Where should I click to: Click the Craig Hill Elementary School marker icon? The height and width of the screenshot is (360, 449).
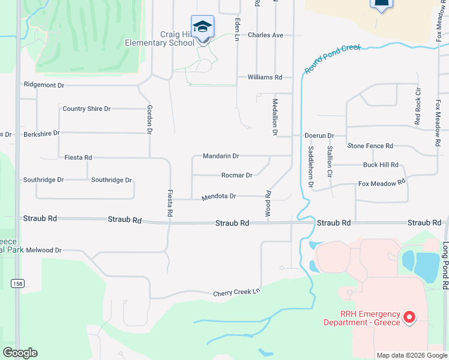[x=202, y=28]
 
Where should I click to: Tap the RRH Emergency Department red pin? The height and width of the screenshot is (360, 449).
[x=409, y=316]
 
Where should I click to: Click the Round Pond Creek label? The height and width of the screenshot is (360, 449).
[x=333, y=58]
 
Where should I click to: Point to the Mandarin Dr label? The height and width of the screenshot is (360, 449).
[x=221, y=156]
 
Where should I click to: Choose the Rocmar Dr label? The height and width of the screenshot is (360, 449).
[x=237, y=175]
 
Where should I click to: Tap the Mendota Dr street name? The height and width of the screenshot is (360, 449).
[x=218, y=196]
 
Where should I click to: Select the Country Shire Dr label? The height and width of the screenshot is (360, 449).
[x=86, y=109]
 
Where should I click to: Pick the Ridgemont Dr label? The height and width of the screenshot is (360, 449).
[x=44, y=85]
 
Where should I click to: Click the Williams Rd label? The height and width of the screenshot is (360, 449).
[x=265, y=77]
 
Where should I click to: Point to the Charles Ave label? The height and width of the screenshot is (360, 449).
[x=265, y=35]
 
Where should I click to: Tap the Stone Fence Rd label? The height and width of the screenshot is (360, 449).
[x=370, y=146]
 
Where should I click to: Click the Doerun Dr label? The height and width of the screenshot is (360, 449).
[x=319, y=136]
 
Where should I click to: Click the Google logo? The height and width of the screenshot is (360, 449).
[x=20, y=353]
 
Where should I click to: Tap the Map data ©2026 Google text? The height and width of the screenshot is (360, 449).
[x=411, y=355]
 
